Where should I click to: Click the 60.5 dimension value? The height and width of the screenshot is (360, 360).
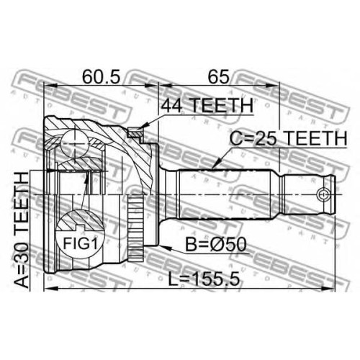[x=101, y=76]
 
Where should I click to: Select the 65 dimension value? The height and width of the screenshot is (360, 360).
[x=218, y=76]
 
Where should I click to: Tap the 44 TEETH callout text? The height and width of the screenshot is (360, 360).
[x=207, y=105]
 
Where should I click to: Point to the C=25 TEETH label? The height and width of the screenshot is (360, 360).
[x=288, y=138]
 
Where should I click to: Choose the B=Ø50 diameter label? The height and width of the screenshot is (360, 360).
[x=216, y=244]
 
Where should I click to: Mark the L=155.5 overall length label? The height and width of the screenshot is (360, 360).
[x=204, y=279]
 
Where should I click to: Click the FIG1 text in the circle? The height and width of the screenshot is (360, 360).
[x=81, y=244]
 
